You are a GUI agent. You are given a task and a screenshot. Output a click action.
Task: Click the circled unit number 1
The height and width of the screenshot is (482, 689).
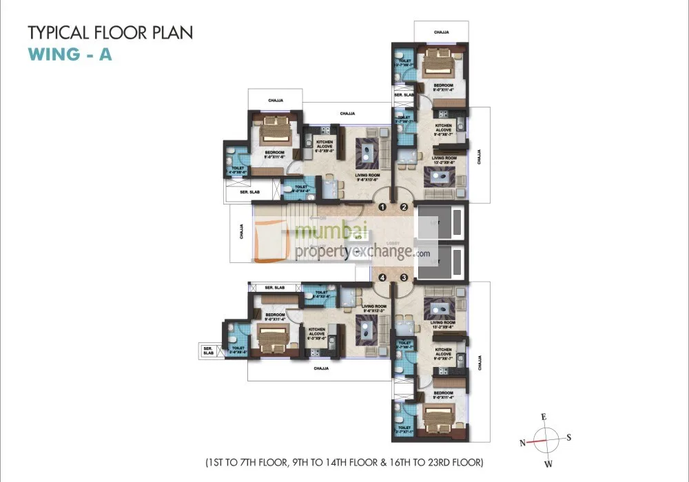[380, 207]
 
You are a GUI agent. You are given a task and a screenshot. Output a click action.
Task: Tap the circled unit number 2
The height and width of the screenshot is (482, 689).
[404, 207]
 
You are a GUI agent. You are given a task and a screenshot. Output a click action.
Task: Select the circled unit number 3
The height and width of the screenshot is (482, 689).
[404, 277]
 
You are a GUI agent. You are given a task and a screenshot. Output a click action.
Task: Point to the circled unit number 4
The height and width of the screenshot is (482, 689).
[380, 277]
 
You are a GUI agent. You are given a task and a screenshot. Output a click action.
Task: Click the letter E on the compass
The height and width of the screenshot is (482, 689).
[544, 417]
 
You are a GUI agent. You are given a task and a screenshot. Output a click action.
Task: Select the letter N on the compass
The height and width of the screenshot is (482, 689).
[522, 442]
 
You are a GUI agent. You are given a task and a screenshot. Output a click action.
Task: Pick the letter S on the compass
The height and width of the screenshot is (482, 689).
[570, 437]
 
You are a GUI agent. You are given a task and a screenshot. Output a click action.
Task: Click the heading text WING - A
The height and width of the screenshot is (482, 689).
[70, 54]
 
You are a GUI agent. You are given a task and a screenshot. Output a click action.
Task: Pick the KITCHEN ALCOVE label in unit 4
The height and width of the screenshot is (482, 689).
[316, 332]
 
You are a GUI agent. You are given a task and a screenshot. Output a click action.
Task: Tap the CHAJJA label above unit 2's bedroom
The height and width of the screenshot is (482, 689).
[442, 32]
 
